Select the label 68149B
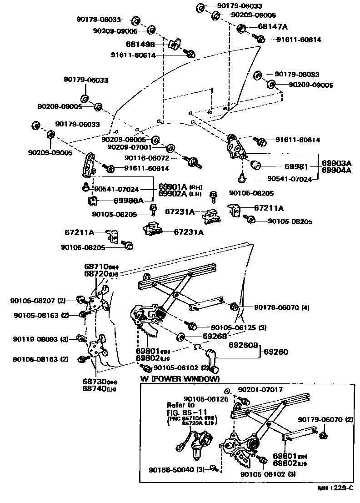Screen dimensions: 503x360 pyautogui.click(x=140, y=45)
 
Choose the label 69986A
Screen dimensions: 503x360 pyautogui.click(x=129, y=200)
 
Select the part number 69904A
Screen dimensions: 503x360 pyautogui.click(x=336, y=171)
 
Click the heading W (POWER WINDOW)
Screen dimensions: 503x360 pyautogui.click(x=180, y=379)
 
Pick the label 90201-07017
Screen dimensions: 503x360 pyautogui.click(x=260, y=390)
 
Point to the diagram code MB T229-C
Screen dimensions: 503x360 pyautogui.click(x=335, y=488)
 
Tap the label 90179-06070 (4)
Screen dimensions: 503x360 pyautogui.click(x=281, y=307)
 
